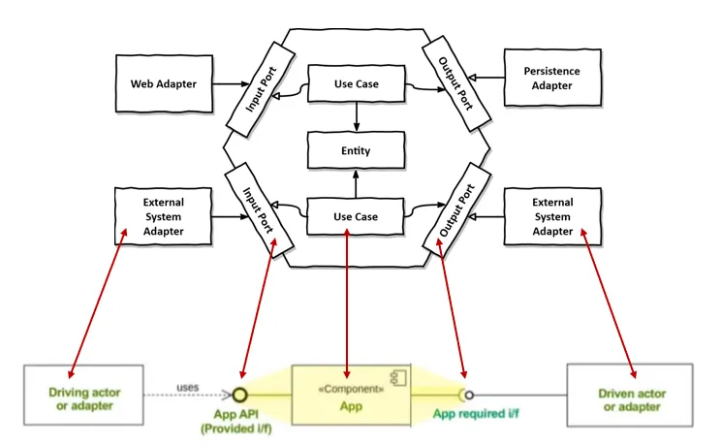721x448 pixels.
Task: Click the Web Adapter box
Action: pyautogui.click(x=163, y=83)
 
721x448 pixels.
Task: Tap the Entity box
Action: pyautogui.click(x=357, y=151)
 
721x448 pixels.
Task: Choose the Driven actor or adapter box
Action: pyautogui.click(x=629, y=399)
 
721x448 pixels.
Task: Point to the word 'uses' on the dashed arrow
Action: pyautogui.click(x=188, y=388)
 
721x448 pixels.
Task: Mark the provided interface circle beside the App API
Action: pyautogui.click(x=238, y=395)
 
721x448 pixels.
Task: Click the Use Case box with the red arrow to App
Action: pyautogui.click(x=357, y=215)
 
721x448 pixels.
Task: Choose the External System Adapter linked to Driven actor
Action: pyautogui.click(x=552, y=216)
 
